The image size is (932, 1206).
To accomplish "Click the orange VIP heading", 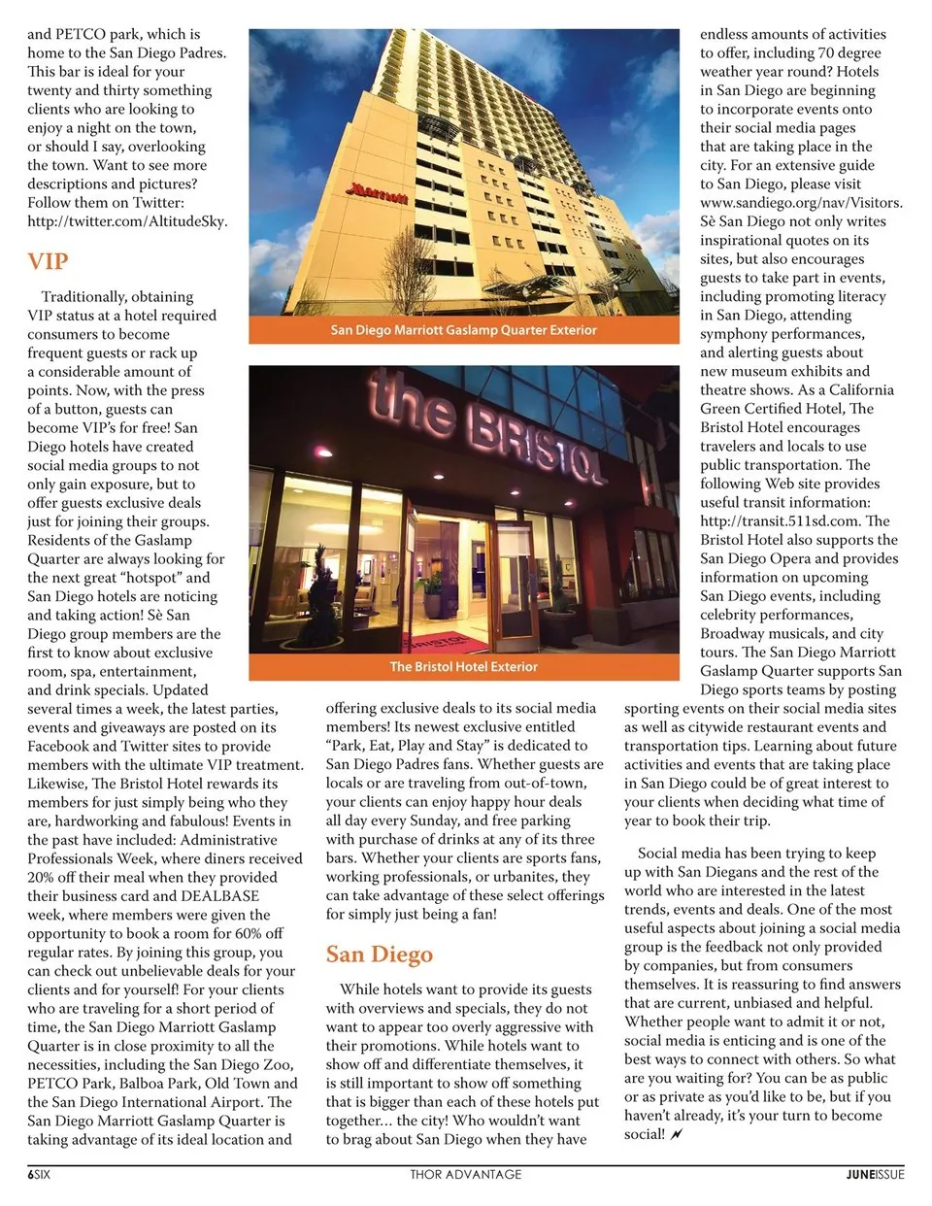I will coord(48,261).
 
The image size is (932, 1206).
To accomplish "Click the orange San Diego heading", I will coord(379,954).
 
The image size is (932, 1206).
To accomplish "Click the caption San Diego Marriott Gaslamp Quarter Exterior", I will coord(463,330).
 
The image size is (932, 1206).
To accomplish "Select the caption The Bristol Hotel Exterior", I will coord(463,667).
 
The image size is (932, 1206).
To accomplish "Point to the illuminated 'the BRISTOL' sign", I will coord(485,427).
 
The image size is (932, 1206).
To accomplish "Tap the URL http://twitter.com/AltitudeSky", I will coord(127,221).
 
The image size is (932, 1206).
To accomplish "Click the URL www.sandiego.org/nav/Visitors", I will coord(801,203).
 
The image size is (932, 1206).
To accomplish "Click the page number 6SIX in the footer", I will coord(39,1174).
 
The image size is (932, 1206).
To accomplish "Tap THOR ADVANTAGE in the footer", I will coord(465,1174).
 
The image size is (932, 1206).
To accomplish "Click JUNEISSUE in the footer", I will coord(874,1174).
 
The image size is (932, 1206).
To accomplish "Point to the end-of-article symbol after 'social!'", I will coord(677,1134).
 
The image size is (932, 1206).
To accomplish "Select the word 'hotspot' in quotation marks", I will coord(150,578).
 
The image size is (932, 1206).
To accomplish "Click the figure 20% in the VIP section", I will coord(43,878).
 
